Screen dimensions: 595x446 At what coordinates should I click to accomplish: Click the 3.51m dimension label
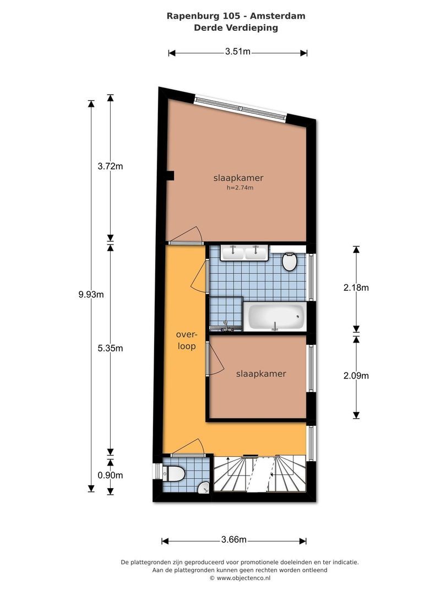click(x=238, y=52)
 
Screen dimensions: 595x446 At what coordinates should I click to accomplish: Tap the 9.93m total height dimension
click(x=91, y=294)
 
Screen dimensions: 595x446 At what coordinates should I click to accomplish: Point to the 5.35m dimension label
click(x=109, y=348)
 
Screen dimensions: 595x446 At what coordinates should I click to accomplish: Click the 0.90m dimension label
click(x=109, y=475)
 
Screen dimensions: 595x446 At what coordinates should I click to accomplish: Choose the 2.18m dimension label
click(x=356, y=287)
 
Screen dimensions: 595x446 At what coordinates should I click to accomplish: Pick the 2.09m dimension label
click(x=356, y=376)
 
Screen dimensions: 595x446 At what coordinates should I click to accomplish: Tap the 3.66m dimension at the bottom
click(x=233, y=540)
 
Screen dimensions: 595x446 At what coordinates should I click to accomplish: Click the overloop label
click(x=186, y=341)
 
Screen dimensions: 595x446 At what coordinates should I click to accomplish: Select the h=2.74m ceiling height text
click(x=240, y=188)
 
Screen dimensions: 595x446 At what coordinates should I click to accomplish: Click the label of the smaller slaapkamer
click(x=260, y=374)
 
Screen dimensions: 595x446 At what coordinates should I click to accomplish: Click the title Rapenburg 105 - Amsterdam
click(x=236, y=16)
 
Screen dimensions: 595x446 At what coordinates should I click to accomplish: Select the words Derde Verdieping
click(x=236, y=28)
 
